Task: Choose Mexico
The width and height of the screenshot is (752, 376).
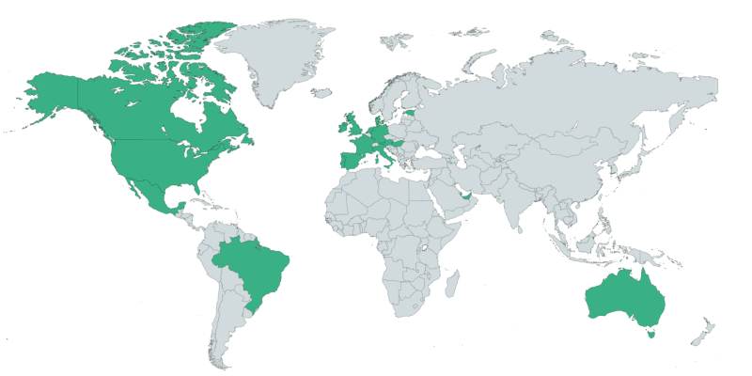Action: pyautogui.click(x=150, y=193)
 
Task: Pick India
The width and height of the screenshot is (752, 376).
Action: pyautogui.click(x=512, y=197)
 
